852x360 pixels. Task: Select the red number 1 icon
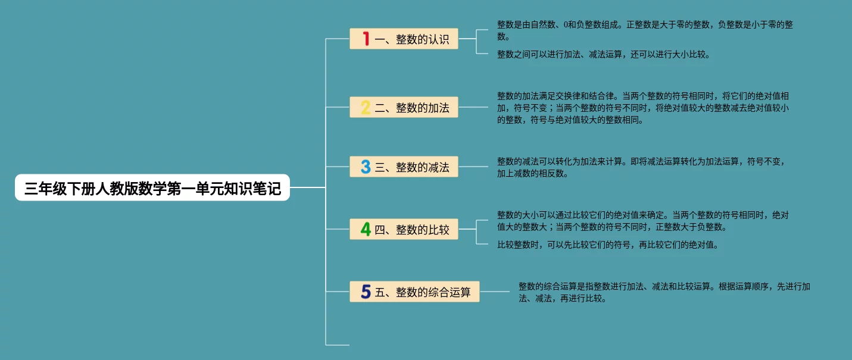[366, 39]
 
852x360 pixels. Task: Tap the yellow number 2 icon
[366, 108]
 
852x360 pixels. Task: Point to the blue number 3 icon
[366, 167]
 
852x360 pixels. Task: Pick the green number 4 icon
[366, 229]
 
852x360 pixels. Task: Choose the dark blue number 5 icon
[366, 292]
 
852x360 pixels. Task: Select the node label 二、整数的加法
[412, 108]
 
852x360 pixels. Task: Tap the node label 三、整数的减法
[412, 167]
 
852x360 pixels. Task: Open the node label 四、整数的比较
[412, 230]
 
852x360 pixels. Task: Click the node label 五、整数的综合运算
[423, 292]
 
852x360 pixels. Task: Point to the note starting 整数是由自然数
[645, 30]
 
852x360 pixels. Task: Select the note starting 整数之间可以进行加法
[604, 54]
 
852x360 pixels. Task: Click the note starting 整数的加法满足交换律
[643, 107]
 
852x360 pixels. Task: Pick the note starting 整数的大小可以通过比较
[643, 220]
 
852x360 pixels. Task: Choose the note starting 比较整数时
[608, 244]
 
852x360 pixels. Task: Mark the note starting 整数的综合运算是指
[664, 292]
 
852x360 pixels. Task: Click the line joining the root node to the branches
[307, 187]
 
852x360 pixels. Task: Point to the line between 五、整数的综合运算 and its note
[498, 292]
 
